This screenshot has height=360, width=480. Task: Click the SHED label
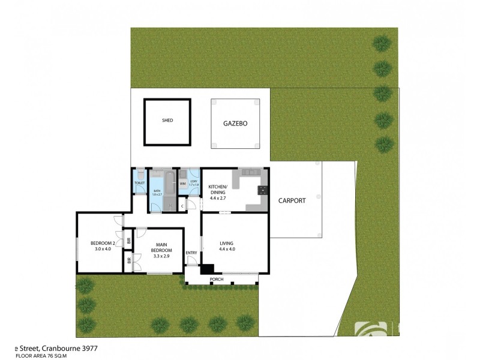tap(167, 121)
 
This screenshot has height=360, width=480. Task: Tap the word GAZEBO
tap(236, 124)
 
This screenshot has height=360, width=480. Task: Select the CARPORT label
tap(292, 201)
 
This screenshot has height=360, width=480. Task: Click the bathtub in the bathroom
tap(169, 183)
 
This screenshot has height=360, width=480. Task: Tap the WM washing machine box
tap(182, 184)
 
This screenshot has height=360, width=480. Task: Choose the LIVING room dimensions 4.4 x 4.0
tap(227, 248)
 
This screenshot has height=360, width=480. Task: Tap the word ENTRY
tap(191, 253)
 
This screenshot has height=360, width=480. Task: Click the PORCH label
tap(216, 280)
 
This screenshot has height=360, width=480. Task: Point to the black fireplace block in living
tap(208, 270)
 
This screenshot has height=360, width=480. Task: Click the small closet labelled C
tap(182, 206)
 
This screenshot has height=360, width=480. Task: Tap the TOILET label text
tap(140, 182)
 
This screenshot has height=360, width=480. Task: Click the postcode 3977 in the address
tap(87, 348)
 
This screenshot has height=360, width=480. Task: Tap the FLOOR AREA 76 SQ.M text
tap(41, 356)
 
